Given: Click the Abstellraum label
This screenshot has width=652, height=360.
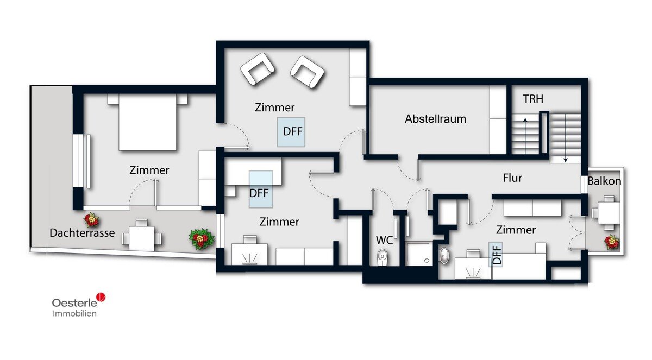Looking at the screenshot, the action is click(x=435, y=119).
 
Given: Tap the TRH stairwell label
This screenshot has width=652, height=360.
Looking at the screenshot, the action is click(x=533, y=99).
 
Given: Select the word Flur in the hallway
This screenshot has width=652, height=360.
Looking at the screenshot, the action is click(x=512, y=178).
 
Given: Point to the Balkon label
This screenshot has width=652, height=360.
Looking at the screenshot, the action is click(x=604, y=181).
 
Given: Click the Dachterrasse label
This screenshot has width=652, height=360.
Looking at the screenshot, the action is click(x=82, y=233).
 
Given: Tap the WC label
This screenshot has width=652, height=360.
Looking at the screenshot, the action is click(x=385, y=240).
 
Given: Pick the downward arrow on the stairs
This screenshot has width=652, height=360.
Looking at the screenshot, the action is click(x=565, y=138).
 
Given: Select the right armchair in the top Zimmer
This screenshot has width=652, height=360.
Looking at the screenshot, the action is click(x=308, y=72).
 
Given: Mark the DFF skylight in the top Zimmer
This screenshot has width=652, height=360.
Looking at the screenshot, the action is click(x=291, y=132).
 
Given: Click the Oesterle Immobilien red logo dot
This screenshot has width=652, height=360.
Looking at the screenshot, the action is click(x=101, y=297).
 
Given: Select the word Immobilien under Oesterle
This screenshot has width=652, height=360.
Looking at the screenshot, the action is click(x=74, y=313).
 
